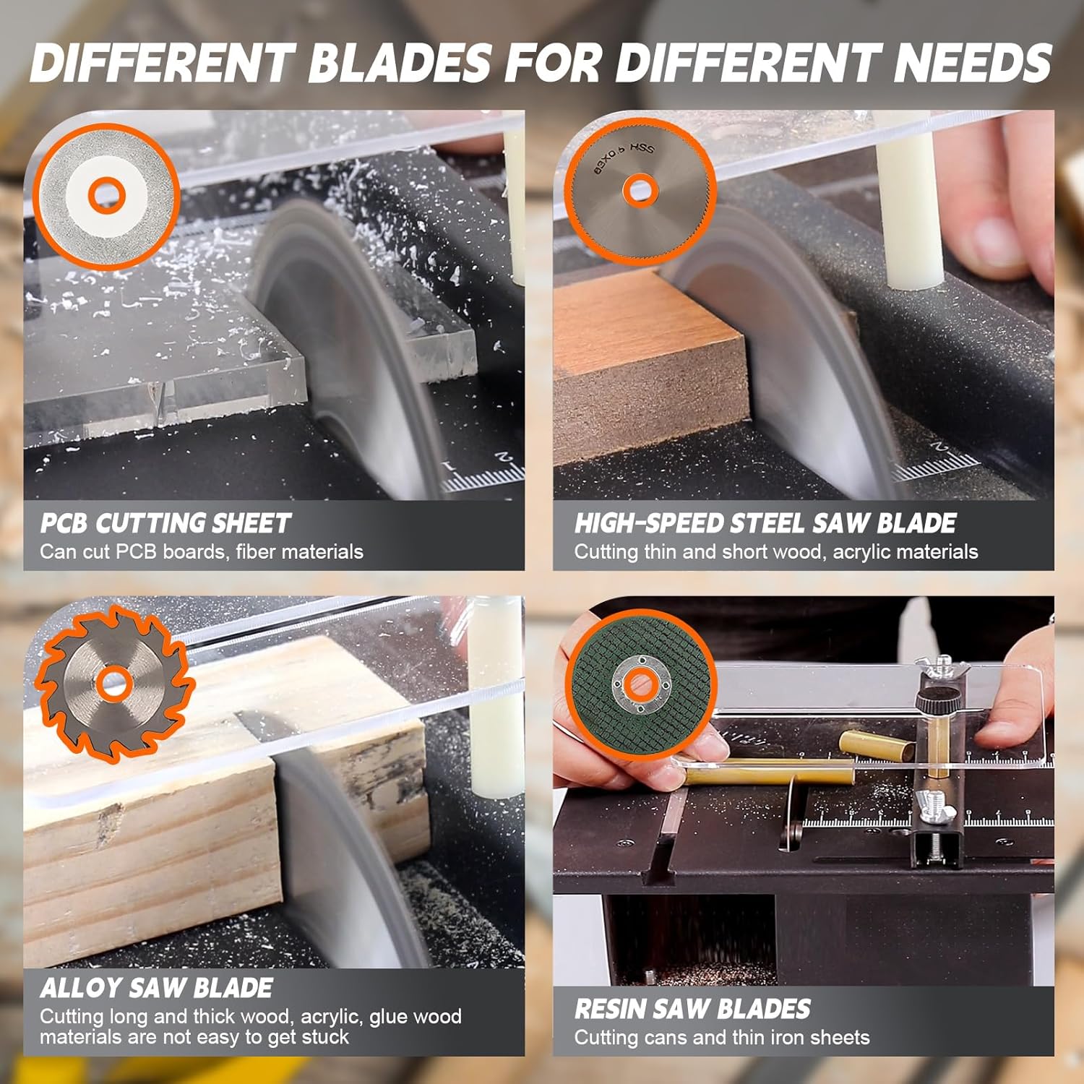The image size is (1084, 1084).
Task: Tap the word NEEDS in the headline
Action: pos(972,63)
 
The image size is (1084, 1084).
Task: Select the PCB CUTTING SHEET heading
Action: pos(165,523)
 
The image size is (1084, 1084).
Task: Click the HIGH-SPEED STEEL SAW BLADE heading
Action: pos(765,523)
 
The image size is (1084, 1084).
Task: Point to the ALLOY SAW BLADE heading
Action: pos(156,988)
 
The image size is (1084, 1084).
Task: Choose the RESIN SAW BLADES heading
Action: pos(692,1009)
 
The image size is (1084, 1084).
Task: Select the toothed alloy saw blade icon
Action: pos(114,683)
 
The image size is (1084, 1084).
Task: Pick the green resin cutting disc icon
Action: pos(640,684)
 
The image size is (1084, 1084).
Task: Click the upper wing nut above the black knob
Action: pos(941,667)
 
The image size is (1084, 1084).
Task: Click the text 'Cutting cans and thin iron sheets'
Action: pos(721,1038)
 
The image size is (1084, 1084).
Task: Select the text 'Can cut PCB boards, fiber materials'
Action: pos(201,552)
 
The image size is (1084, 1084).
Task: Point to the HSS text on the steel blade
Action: pos(642,148)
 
